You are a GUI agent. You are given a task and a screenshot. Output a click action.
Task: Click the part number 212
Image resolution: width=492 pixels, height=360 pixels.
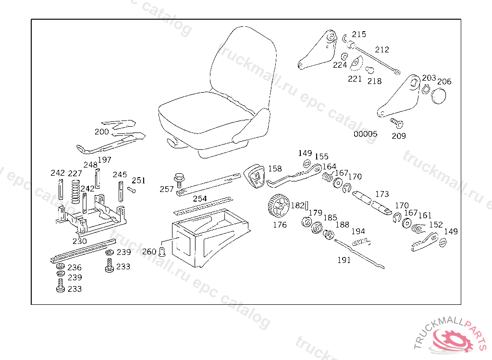382,49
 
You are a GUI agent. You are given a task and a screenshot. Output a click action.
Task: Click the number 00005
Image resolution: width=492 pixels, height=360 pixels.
366,134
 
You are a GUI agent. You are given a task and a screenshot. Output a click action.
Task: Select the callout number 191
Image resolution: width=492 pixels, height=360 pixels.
344,260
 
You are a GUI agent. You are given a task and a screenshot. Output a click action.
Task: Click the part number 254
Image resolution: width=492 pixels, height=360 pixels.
200,198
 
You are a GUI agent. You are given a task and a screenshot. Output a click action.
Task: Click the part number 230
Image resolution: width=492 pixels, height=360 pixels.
80,241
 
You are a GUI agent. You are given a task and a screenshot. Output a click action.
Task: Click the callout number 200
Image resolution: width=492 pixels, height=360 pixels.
101,132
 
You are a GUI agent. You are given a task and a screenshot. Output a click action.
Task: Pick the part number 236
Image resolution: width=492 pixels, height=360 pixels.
74,267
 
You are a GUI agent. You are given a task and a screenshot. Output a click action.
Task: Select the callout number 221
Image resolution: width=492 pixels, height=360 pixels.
355,79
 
